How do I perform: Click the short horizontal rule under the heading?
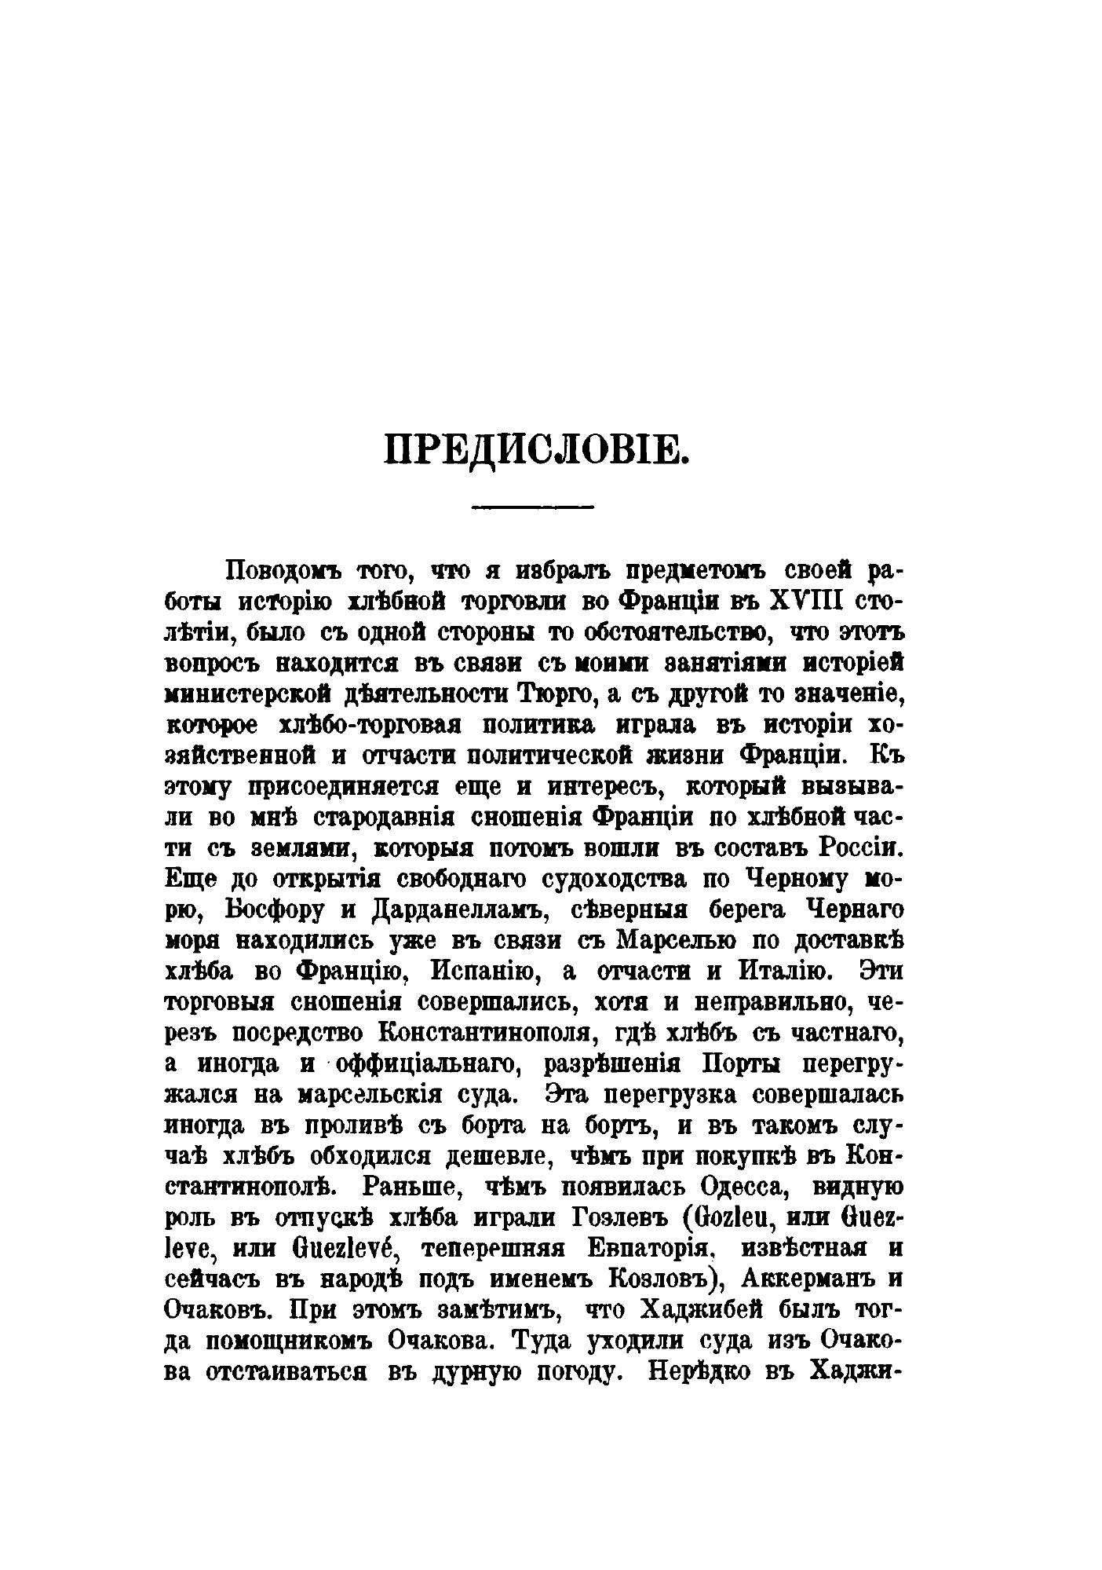point(533,508)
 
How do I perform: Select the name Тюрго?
point(552,694)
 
